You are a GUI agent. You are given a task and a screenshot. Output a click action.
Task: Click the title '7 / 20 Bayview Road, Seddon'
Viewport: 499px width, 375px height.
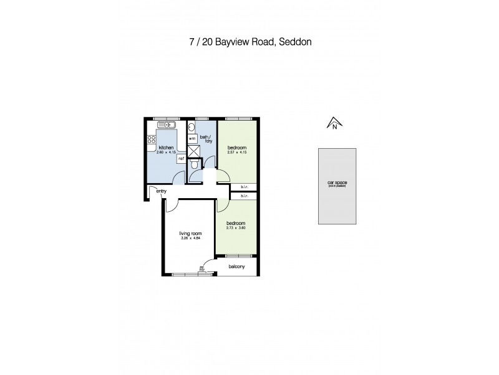pyautogui.click(x=249, y=42)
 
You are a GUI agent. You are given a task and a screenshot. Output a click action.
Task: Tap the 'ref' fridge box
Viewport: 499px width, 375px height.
pyautogui.click(x=181, y=159)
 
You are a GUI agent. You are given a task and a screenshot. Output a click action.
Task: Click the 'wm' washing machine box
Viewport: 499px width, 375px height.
pyautogui.click(x=192, y=138)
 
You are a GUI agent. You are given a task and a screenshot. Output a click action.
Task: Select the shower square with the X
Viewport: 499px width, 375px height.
pyautogui.click(x=194, y=150)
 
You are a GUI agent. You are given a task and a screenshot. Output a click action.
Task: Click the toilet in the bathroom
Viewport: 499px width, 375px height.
pyautogui.click(x=195, y=164)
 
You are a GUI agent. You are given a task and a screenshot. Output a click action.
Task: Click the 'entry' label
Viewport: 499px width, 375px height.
pyautogui.click(x=161, y=191)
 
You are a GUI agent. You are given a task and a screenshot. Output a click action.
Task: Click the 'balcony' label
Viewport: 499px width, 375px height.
pyautogui.click(x=236, y=267)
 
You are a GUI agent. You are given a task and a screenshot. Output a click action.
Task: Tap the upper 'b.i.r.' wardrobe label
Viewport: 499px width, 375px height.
pyautogui.click(x=244, y=187)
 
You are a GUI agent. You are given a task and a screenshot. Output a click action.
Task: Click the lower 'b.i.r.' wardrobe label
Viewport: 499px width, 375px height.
pyautogui.click(x=244, y=196)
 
